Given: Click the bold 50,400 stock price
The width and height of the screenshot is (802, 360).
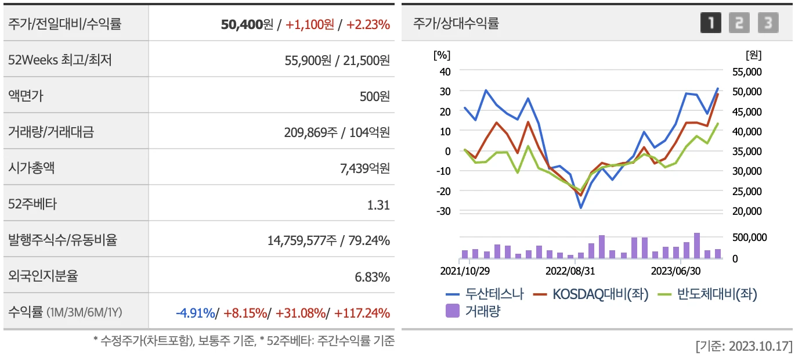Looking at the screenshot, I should tap(241, 24).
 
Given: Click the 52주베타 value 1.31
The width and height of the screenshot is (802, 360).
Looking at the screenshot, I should tap(378, 204).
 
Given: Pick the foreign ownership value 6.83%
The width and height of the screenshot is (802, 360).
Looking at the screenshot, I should tap(372, 277).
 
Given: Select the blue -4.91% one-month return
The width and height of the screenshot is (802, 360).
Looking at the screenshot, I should tap(195, 313).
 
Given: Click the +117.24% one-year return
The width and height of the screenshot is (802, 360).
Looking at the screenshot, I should tap(362, 313).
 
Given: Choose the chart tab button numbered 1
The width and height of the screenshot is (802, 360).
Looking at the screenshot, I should tap(711, 23).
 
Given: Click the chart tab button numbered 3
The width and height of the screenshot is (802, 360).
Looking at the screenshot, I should tap(768, 23).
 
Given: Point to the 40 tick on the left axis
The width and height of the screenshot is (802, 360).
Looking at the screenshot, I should tap(444, 71).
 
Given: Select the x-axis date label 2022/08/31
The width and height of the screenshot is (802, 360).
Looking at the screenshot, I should tap(570, 271).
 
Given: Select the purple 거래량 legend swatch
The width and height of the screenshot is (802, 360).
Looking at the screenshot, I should tap(453, 311).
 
